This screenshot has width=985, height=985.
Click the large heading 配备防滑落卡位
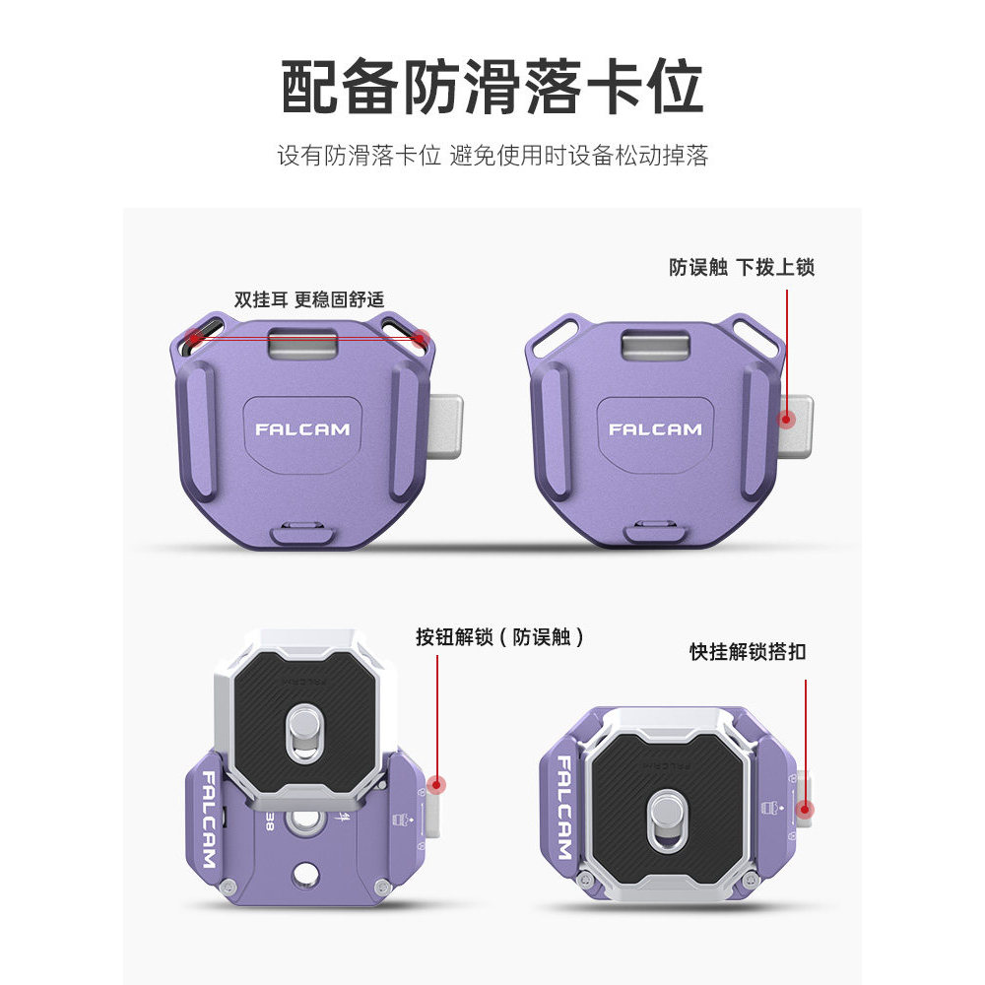pos(492,88)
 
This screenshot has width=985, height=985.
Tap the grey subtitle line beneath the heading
pos(492,156)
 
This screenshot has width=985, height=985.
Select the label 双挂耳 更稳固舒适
pos(309,299)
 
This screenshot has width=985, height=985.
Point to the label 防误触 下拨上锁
pos(742,267)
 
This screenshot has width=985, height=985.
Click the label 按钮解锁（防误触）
pos(500,637)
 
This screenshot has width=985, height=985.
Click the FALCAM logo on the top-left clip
pos(302,429)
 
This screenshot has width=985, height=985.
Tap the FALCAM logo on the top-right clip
pos(656,429)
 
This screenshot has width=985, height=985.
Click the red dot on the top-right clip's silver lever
pos(786,419)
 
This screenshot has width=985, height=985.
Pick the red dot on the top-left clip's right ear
pos(423,338)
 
